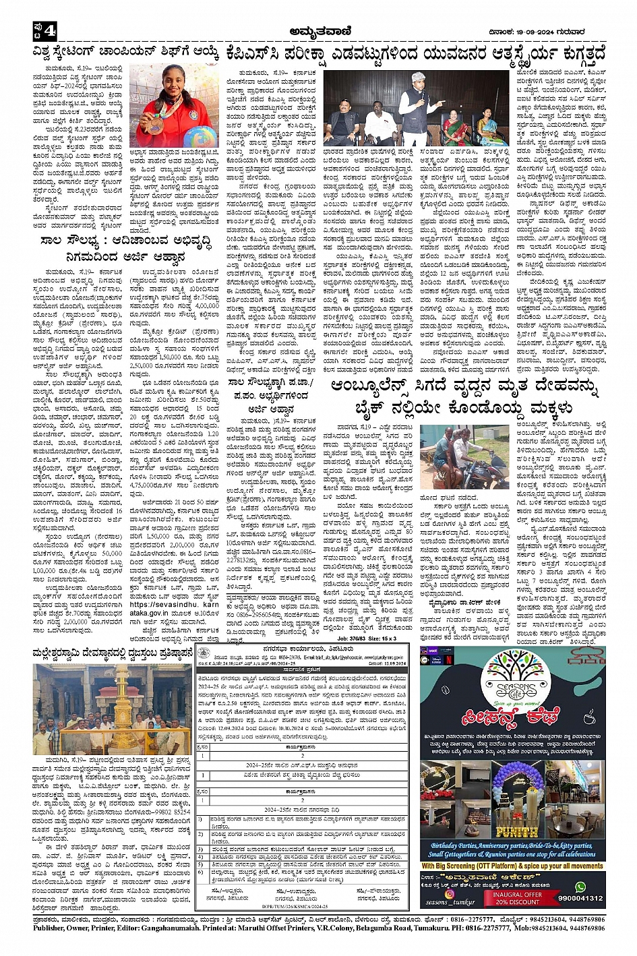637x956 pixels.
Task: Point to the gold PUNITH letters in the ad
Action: (x=517, y=832)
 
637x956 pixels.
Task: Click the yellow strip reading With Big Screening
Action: (x=512, y=866)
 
